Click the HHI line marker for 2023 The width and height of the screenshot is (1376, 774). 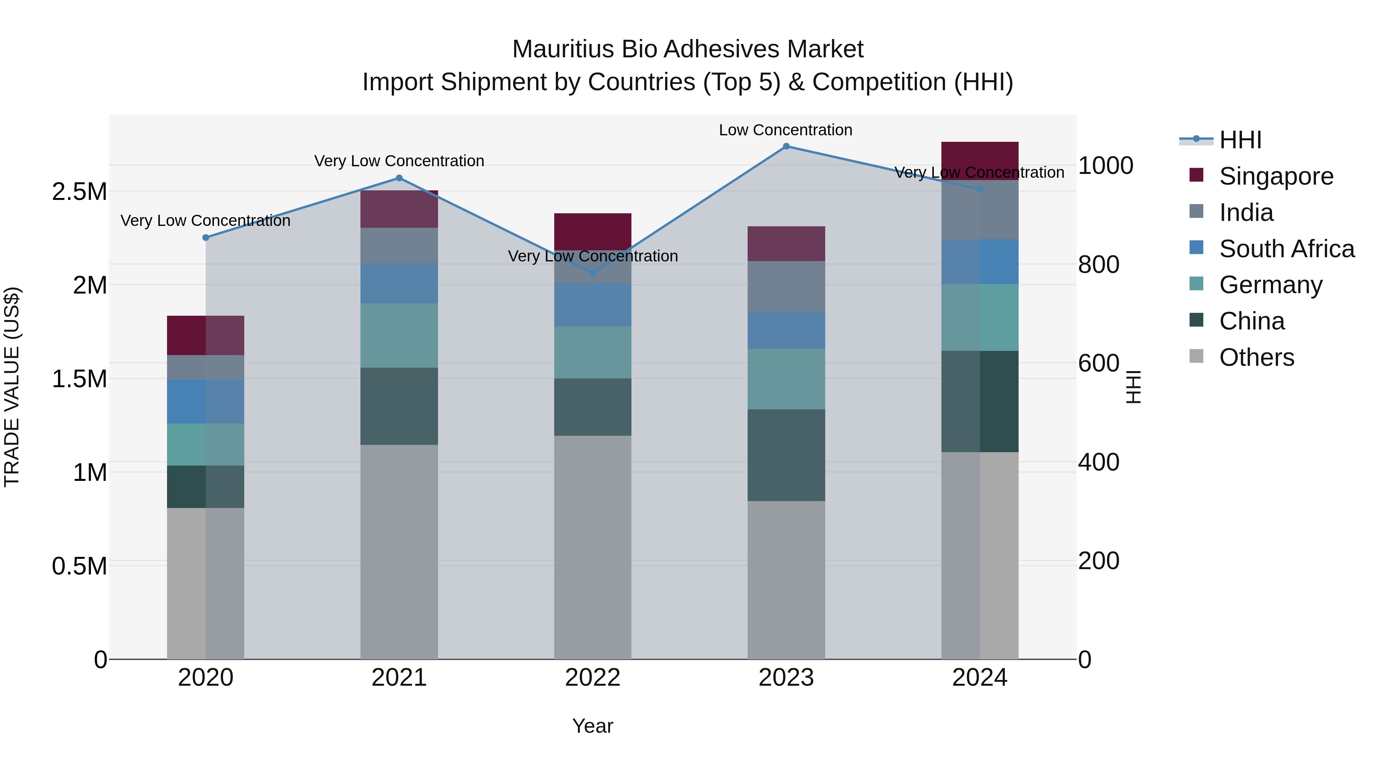(x=786, y=146)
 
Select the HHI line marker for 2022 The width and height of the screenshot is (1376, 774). (x=592, y=273)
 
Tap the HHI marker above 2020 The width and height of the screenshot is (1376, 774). (x=206, y=238)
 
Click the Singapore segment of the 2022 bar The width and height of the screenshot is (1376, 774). (x=592, y=231)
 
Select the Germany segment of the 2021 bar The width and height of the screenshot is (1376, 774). (x=399, y=336)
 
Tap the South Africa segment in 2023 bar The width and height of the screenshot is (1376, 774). (x=786, y=330)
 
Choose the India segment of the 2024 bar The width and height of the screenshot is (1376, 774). (x=980, y=209)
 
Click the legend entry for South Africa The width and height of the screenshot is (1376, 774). (x=1286, y=249)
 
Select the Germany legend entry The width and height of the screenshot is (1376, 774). (x=1270, y=285)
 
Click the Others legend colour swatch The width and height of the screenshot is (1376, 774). (x=1196, y=356)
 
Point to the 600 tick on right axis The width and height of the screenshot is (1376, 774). (x=1098, y=363)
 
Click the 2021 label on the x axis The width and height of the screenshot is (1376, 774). (x=399, y=678)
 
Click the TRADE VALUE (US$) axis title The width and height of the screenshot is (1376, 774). (x=12, y=387)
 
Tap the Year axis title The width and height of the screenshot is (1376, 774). (x=592, y=726)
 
